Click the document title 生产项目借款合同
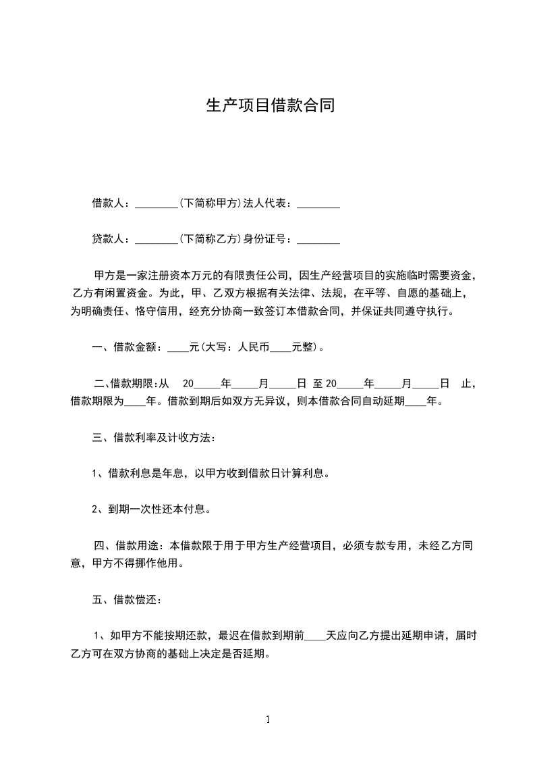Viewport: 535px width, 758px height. point(270,106)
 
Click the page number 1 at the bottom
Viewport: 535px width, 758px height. point(268,719)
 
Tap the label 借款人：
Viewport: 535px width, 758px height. point(113,203)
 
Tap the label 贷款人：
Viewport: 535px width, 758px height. point(113,239)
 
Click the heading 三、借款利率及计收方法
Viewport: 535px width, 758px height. point(154,438)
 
